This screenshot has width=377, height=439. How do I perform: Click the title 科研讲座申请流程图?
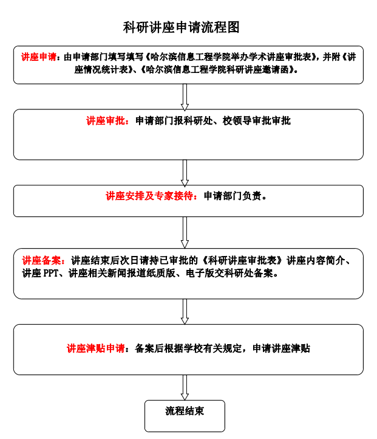point(181,27)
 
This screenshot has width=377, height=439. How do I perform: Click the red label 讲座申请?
point(39,57)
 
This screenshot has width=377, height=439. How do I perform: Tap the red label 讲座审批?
point(106,121)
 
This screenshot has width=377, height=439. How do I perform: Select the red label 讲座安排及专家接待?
point(149,196)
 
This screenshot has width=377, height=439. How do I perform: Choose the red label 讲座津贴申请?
point(96,348)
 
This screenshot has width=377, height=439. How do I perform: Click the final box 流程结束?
point(185,416)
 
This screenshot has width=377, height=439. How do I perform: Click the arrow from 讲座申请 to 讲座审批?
point(185,97)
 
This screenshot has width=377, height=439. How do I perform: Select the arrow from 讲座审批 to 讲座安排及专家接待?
point(185,173)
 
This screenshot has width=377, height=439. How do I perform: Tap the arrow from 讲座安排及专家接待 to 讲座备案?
point(185,232)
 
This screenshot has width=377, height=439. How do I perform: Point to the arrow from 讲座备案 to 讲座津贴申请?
point(185,311)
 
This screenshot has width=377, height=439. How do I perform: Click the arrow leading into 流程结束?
point(185,388)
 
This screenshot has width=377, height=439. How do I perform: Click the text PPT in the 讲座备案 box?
point(50,273)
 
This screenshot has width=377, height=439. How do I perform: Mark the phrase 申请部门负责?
point(233,196)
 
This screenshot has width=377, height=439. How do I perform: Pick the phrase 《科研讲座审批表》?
point(242,260)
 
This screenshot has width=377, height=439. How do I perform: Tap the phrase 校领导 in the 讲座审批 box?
point(237,121)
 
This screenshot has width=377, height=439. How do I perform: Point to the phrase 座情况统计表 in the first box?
point(101,70)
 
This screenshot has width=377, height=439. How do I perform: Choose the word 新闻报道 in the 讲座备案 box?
point(131,273)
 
